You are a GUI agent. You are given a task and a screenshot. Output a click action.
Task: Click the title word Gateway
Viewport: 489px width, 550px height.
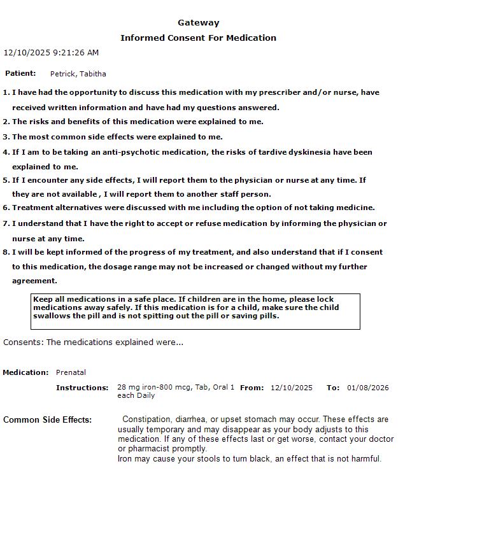click(198, 23)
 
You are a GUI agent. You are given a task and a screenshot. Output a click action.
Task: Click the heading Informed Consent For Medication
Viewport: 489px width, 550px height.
click(198, 38)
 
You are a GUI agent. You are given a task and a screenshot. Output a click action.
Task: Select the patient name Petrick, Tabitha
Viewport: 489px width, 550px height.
click(78, 74)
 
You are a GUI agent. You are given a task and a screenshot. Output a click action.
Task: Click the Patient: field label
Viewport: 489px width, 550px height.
click(20, 74)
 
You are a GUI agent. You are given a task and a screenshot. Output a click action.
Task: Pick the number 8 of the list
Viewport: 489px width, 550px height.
click(6, 252)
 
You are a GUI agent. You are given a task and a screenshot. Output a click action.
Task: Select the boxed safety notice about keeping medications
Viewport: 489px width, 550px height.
click(195, 311)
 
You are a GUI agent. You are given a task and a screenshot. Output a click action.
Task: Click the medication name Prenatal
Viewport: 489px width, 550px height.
click(71, 372)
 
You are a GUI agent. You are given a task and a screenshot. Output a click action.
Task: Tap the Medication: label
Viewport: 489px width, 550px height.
click(26, 372)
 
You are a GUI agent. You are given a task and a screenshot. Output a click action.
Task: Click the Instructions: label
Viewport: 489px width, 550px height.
click(82, 388)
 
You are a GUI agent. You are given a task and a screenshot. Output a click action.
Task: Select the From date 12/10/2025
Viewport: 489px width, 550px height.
click(292, 388)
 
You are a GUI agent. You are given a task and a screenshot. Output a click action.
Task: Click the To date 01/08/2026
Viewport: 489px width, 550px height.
click(368, 388)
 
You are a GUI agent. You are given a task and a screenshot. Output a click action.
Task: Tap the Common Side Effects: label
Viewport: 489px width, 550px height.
click(48, 420)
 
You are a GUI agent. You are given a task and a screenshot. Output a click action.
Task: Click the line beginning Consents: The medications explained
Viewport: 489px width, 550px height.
click(94, 342)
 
